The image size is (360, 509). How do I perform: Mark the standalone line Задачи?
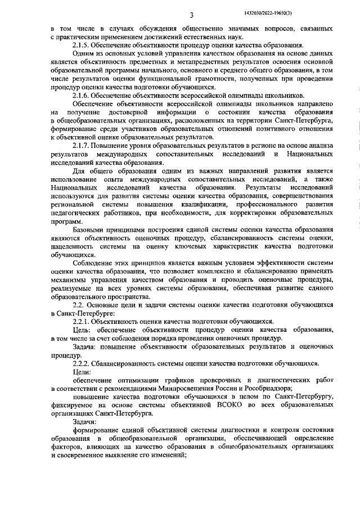[85, 421]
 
